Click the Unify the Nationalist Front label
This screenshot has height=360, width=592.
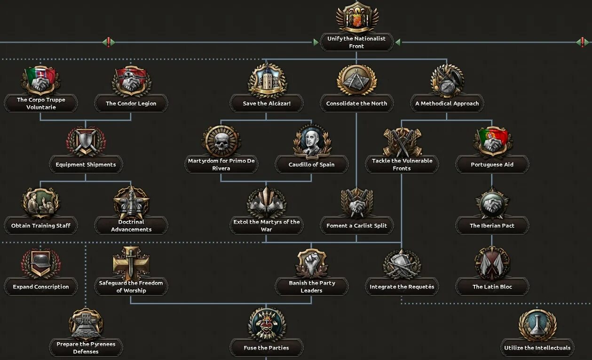click(356, 42)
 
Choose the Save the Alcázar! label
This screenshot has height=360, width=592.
click(267, 103)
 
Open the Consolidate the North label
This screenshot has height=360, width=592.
click(356, 103)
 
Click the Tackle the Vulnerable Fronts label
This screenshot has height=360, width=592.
click(402, 164)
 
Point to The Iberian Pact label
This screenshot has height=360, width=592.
click(492, 226)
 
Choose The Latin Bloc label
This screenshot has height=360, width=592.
click(492, 287)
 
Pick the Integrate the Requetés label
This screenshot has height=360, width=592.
click(402, 287)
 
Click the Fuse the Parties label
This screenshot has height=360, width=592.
click(267, 348)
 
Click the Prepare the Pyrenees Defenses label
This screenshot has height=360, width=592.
click(86, 348)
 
